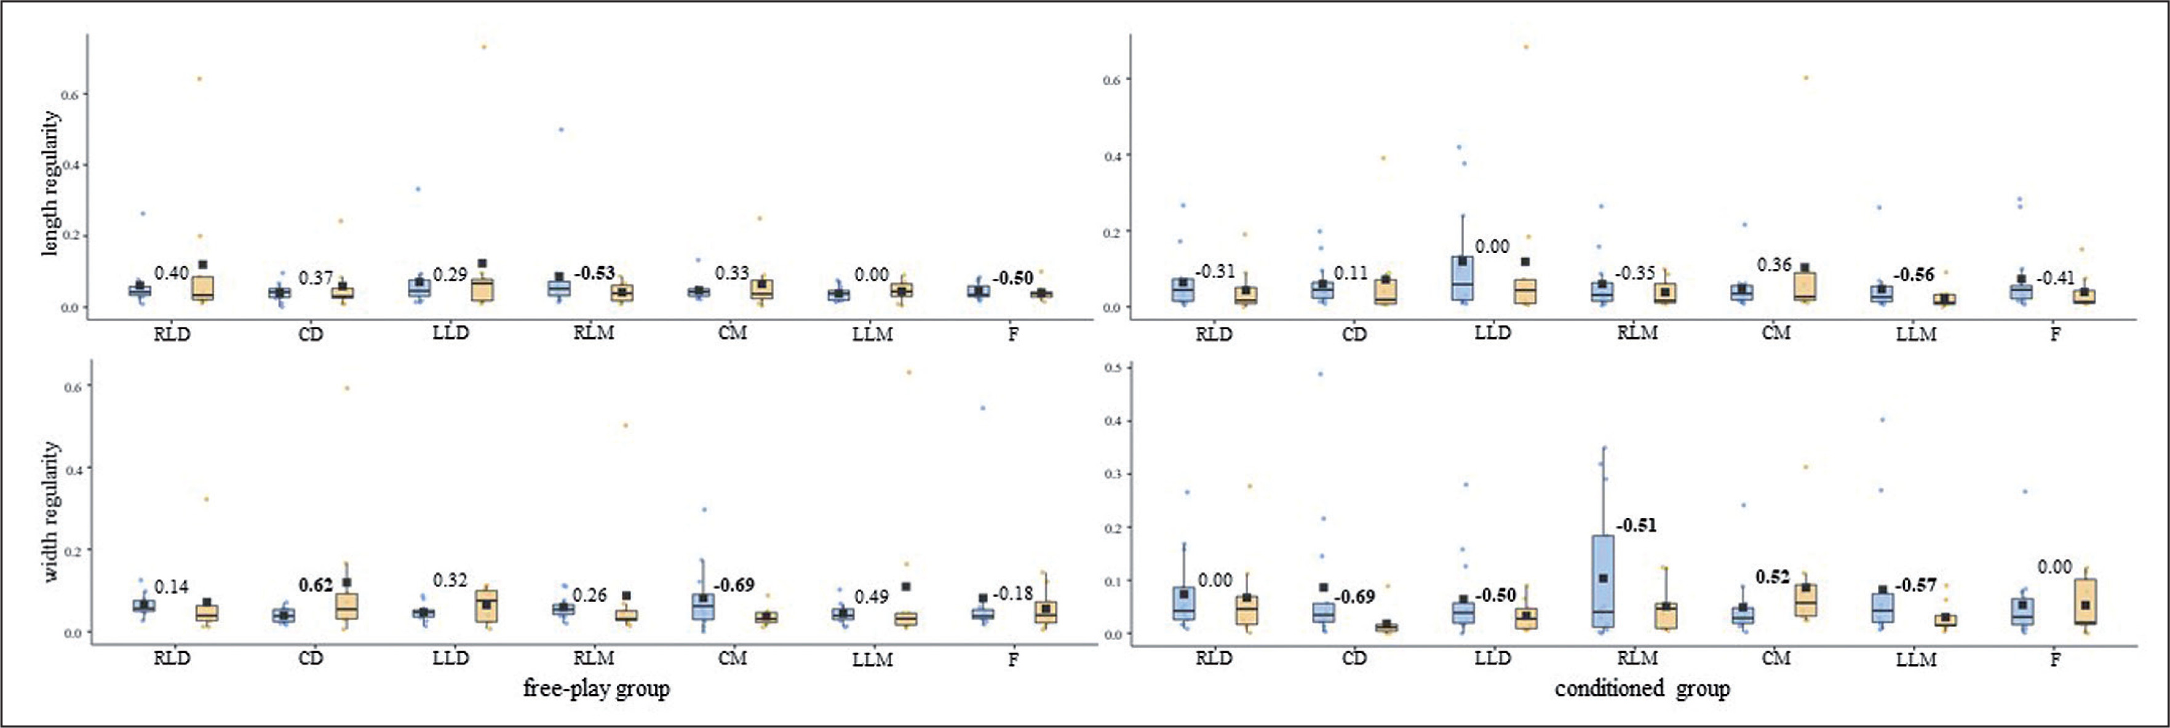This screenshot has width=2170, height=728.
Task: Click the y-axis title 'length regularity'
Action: (50, 183)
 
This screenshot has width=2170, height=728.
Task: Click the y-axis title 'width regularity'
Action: (50, 511)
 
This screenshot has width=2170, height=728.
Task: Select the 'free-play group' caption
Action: (597, 689)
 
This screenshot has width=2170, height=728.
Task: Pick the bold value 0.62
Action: (316, 585)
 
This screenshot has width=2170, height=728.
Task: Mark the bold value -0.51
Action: (1636, 525)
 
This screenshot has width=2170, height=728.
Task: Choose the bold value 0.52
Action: (1773, 577)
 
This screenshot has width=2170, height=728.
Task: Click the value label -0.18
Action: (1012, 593)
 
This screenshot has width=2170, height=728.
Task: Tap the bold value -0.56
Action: (1914, 274)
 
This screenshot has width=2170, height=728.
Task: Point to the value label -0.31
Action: (1214, 271)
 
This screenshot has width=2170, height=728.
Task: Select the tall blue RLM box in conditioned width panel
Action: (1603, 582)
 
